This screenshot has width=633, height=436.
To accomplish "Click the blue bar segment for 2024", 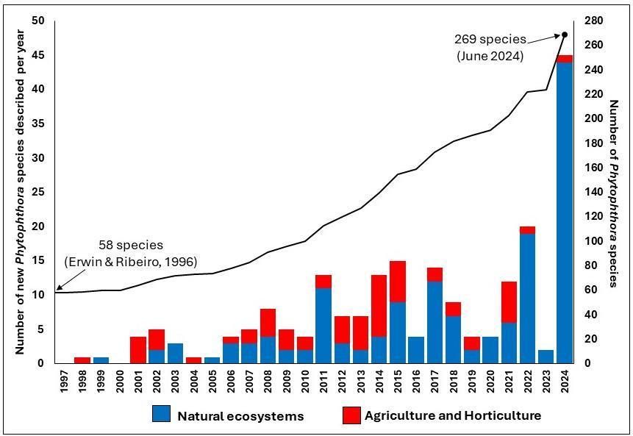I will click(x=564, y=213).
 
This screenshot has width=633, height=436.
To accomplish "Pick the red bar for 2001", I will click(x=138, y=349).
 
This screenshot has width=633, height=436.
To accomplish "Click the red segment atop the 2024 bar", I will click(x=564, y=59).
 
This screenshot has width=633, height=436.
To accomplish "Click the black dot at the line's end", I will click(x=565, y=35).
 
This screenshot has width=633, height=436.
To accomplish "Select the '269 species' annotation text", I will click(x=490, y=39).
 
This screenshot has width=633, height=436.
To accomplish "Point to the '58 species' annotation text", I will click(x=131, y=245).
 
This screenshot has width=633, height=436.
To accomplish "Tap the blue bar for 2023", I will click(x=546, y=357).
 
